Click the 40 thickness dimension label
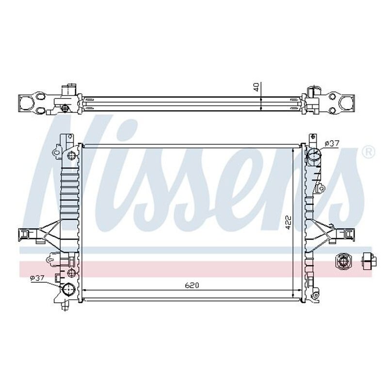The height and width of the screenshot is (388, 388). (x=257, y=87)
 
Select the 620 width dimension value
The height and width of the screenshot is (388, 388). (x=192, y=286)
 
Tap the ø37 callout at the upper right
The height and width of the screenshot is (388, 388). (x=332, y=143)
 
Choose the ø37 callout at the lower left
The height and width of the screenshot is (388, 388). (x=37, y=278)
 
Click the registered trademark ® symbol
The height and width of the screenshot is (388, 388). (x=368, y=152)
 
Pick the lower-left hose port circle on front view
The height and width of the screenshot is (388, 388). (x=68, y=289)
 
